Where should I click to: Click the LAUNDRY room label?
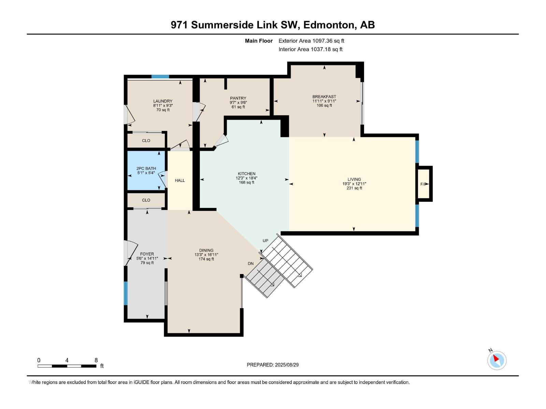pos(163,101)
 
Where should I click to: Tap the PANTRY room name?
pos(238,98)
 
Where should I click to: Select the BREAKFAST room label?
pos(324,96)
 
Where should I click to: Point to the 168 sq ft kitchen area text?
pos(246,183)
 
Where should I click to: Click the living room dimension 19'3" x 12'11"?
pos(354,184)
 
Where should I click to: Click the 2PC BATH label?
pos(146,168)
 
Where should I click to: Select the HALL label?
pos(179,181)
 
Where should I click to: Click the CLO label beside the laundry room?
pos(146,140)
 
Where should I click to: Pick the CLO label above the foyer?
pos(146,200)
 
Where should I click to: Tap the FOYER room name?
pos(147,254)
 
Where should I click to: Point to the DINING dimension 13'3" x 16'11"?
pos(206,255)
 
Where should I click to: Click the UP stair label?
pos(265,241)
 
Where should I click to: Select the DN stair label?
pos(250,263)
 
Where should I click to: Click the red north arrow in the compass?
pos(496,358)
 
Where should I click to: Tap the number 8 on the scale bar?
pos(96,360)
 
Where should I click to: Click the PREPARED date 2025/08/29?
pos(287,365)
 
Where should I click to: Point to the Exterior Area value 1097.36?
pos(322,41)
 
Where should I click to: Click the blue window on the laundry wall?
pos(160,77)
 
